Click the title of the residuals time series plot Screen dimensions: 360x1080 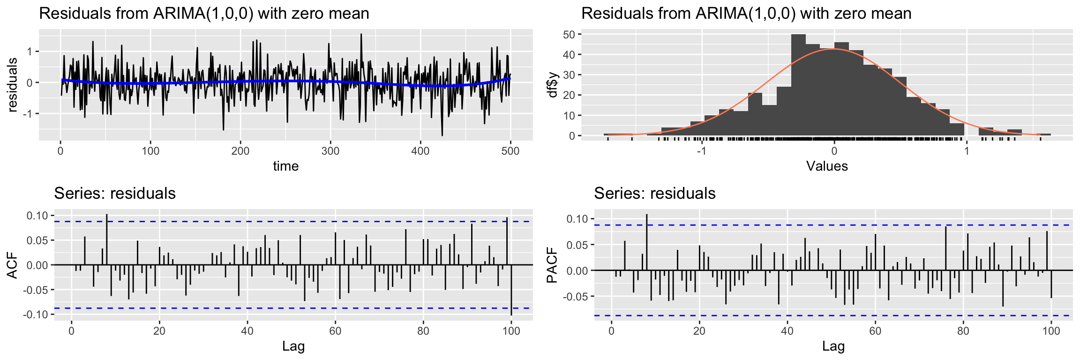(x=204, y=13)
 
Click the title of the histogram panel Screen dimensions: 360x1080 (x=746, y=13)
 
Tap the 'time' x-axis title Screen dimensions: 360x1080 (x=285, y=166)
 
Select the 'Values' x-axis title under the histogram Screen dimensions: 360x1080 (x=827, y=166)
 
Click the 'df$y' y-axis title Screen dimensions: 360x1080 (x=553, y=85)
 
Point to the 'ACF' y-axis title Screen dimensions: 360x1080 (x=13, y=265)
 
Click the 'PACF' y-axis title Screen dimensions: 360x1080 (x=553, y=266)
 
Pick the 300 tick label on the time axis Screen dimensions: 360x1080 (x=330, y=151)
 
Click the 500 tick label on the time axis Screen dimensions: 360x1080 (x=510, y=151)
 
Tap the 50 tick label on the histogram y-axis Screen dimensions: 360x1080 (x=569, y=34)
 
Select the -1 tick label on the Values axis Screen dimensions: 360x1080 (x=701, y=151)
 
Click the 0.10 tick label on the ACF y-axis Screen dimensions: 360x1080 (x=38, y=216)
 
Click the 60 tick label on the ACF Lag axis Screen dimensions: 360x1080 (x=335, y=331)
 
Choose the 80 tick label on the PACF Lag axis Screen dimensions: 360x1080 (x=963, y=331)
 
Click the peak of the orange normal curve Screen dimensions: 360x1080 (x=834, y=49)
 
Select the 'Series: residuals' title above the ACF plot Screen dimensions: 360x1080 (x=115, y=194)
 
